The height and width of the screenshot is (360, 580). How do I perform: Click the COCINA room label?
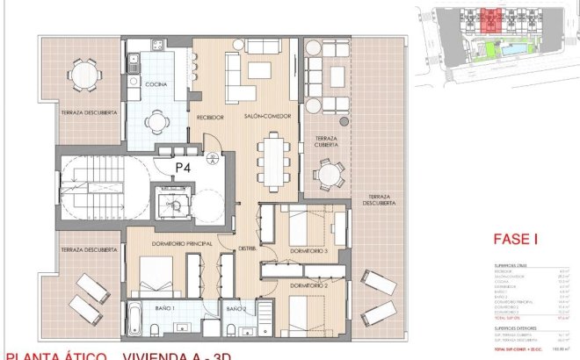(156, 84)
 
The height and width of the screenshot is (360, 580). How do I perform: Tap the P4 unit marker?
(183, 165)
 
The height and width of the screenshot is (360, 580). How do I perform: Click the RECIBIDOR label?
(209, 117)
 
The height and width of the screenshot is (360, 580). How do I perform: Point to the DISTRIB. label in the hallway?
(248, 249)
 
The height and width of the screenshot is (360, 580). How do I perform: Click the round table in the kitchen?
(158, 122)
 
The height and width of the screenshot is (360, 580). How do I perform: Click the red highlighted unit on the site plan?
(489, 18)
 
